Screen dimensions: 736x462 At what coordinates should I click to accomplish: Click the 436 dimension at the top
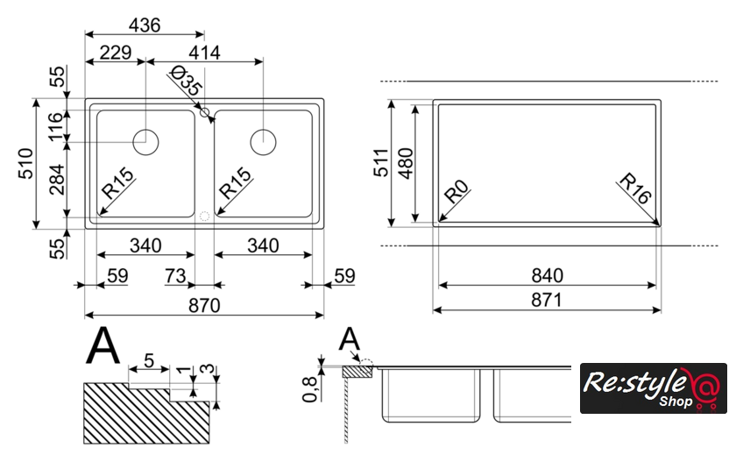point(145,25)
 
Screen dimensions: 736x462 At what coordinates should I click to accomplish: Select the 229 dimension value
point(116,52)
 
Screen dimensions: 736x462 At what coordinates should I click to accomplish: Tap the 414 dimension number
point(205,53)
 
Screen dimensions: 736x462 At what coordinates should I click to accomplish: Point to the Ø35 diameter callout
point(186,81)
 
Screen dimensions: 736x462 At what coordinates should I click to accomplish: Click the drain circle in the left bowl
point(145,142)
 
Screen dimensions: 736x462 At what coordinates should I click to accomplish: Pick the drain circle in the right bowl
point(263,142)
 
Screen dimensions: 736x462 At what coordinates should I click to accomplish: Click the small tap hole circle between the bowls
point(205,112)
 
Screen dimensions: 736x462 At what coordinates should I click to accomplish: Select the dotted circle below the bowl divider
point(204,217)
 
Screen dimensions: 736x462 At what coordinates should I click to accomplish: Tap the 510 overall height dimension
point(26,163)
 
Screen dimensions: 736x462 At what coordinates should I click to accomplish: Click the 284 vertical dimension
point(57,180)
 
